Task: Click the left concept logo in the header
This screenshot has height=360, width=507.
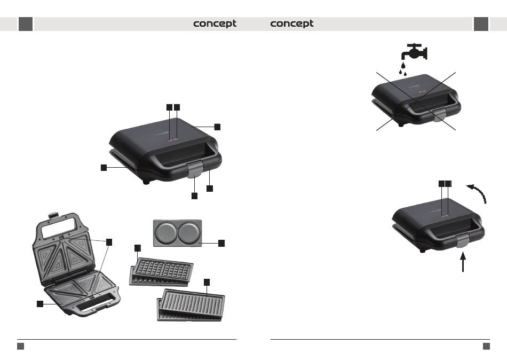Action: click(215, 24)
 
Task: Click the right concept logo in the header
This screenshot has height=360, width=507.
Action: click(292, 24)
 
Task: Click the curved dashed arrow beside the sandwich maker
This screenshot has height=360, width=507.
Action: click(478, 193)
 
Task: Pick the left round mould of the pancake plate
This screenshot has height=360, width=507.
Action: click(165, 233)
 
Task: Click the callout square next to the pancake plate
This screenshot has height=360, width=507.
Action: click(221, 243)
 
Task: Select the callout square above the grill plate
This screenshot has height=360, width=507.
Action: click(207, 281)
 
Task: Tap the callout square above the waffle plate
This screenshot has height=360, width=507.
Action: click(138, 248)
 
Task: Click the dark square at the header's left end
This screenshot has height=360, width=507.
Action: click(26, 24)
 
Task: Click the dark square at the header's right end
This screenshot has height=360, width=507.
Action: click(481, 24)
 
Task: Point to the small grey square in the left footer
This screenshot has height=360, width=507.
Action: click(20, 346)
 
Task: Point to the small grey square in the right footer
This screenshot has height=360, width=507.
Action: click(486, 346)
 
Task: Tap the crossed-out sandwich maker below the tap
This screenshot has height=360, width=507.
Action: click(415, 99)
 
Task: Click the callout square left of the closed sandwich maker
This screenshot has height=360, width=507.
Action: click(105, 168)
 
